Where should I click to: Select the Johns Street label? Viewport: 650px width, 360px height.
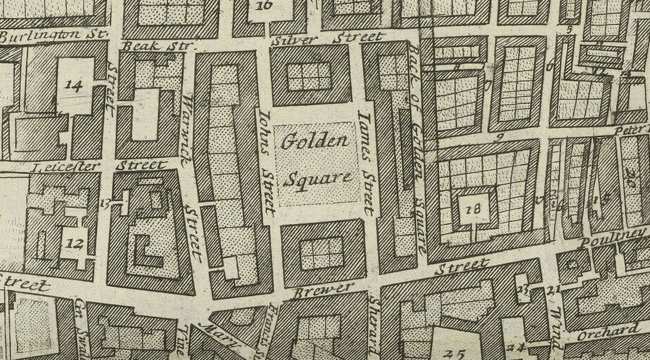pos(267,161)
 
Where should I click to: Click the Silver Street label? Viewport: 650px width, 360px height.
pos(326,38)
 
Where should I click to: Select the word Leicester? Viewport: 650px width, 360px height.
pos(65,167)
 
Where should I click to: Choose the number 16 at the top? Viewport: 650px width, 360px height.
pos(264,5)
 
